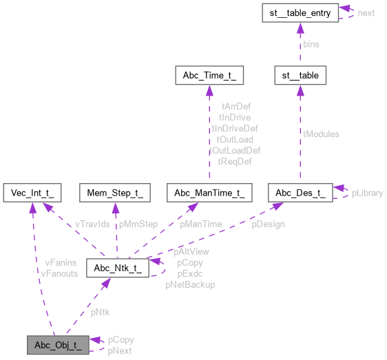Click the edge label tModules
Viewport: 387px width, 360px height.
(322, 134)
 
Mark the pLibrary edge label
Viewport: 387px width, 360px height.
(367, 193)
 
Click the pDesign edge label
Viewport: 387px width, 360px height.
(267, 224)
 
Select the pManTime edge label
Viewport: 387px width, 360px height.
(200, 224)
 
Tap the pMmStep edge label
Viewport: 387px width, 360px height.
(138, 224)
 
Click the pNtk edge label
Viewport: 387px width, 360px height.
(99, 313)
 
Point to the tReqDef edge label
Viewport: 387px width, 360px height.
(234, 161)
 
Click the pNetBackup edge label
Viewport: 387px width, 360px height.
(190, 284)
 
